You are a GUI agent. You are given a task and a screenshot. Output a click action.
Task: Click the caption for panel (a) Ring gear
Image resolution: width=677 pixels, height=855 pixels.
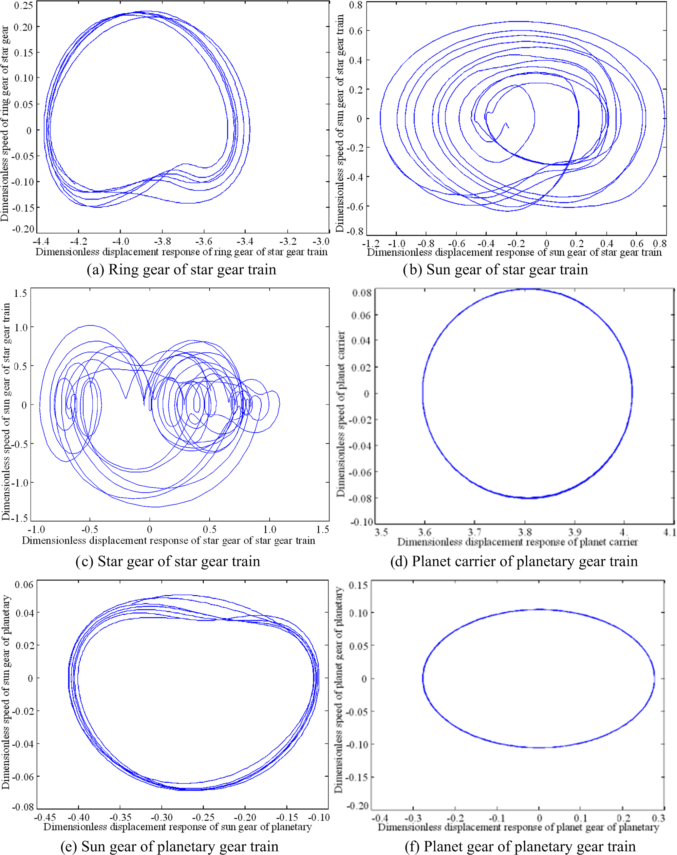click(181, 270)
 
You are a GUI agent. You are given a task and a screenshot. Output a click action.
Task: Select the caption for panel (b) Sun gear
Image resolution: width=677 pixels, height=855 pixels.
click(495, 270)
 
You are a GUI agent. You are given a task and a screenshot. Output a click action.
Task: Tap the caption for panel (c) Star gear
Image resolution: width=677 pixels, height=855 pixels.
click(168, 561)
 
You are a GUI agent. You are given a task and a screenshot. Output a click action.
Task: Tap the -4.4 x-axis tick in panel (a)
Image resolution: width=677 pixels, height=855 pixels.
click(41, 241)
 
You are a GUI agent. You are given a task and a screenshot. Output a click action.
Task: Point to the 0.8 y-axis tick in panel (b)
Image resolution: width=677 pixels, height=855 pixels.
click(356, 5)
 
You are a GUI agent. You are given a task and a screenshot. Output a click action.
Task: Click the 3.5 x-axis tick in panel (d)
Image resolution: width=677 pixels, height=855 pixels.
click(381, 532)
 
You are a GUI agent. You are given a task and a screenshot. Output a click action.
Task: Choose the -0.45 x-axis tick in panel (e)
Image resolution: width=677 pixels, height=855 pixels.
click(45, 817)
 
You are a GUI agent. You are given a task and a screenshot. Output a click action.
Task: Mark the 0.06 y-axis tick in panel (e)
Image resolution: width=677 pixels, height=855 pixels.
click(24, 585)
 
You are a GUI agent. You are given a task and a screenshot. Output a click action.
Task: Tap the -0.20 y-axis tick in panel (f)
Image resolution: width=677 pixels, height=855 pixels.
click(358, 806)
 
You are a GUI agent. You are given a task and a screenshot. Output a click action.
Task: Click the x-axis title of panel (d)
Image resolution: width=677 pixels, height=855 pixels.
click(517, 542)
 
